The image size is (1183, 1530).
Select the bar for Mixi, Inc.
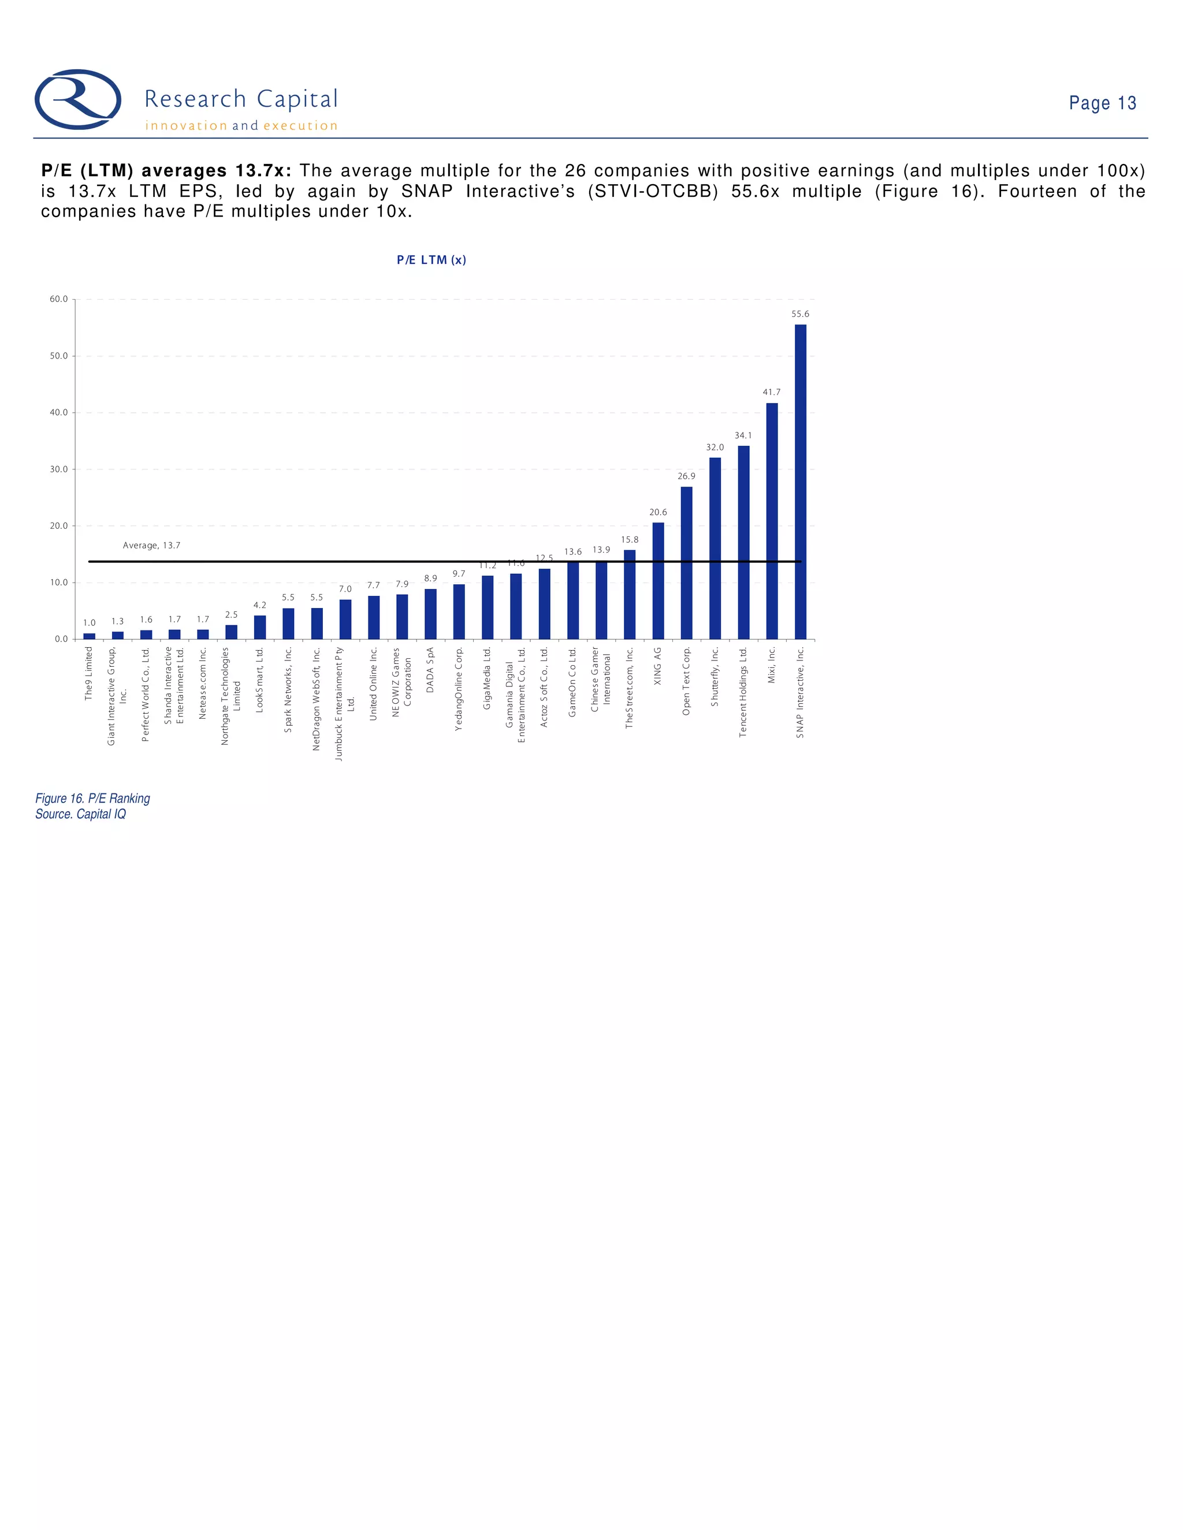(772, 521)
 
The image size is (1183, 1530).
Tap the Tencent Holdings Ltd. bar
(743, 542)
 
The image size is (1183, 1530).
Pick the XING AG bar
(658, 581)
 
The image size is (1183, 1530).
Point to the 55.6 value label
(801, 314)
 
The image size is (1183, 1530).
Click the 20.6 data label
(658, 512)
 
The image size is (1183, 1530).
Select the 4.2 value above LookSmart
(259, 604)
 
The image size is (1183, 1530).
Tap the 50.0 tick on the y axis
(59, 356)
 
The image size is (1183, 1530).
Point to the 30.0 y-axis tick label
(59, 469)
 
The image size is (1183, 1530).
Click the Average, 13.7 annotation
(151, 545)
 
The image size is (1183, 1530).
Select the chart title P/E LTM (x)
(431, 260)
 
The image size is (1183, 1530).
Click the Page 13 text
(1102, 103)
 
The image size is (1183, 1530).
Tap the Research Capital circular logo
(78, 99)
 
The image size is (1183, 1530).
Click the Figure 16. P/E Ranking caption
(92, 798)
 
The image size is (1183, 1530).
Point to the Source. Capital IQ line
(81, 813)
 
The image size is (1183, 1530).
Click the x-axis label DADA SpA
(430, 670)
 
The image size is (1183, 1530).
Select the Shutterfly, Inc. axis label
(715, 676)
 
